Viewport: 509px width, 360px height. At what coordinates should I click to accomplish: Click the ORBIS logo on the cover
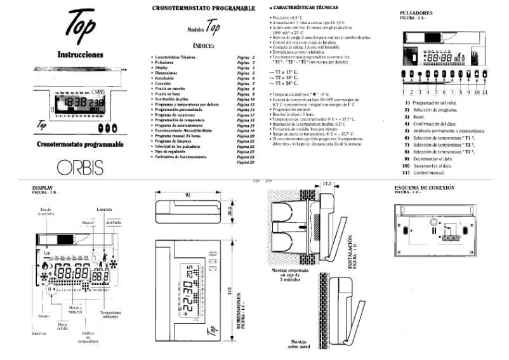(x=77, y=167)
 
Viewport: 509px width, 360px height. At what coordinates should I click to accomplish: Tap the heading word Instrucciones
(x=79, y=55)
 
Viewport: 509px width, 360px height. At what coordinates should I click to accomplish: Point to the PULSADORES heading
(x=416, y=13)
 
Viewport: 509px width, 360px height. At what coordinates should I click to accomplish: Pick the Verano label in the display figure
(x=43, y=316)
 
